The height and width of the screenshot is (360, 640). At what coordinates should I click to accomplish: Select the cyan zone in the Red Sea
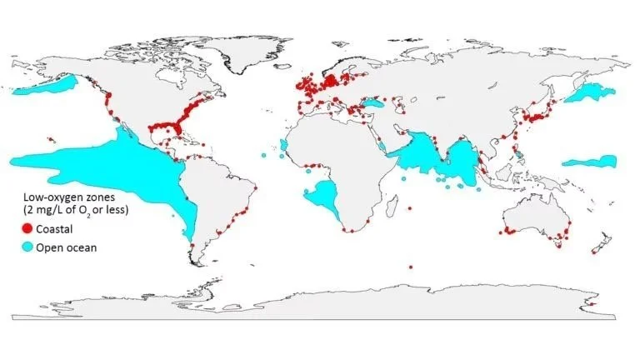tap(382, 147)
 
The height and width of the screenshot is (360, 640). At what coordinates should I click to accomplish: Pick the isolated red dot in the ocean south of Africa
tap(411, 267)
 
